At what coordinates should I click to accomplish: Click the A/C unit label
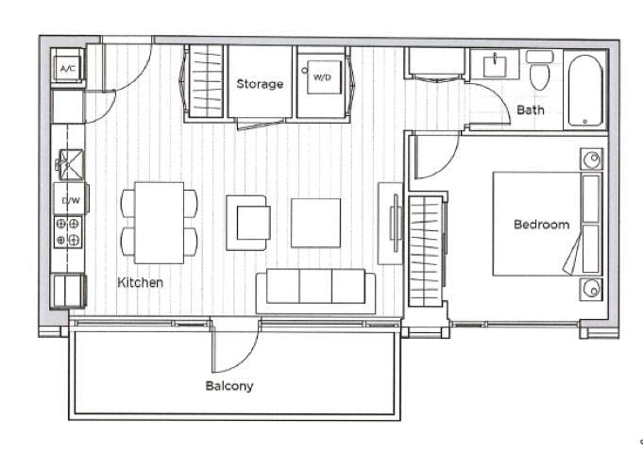tap(68, 69)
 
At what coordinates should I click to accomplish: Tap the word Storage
tap(260, 84)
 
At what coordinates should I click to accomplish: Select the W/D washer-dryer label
tap(322, 77)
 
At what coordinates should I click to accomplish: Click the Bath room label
tap(531, 109)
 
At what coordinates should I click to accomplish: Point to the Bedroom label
tap(541, 225)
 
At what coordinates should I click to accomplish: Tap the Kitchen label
tap(141, 282)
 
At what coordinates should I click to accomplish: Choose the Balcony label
tap(229, 386)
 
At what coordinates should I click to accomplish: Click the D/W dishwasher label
tap(71, 200)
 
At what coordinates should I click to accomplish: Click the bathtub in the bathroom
tap(585, 91)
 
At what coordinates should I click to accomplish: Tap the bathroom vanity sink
tap(495, 66)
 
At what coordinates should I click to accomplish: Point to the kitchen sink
tap(71, 165)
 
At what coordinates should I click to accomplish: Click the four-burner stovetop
tap(68, 232)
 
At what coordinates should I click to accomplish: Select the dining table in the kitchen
tap(160, 223)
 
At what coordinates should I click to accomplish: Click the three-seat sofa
tap(315, 291)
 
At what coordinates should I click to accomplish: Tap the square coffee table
tap(315, 223)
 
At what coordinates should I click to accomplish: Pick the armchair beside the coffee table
tap(248, 223)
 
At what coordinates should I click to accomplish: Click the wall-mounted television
tap(396, 223)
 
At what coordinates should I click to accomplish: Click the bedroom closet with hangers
tap(427, 251)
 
